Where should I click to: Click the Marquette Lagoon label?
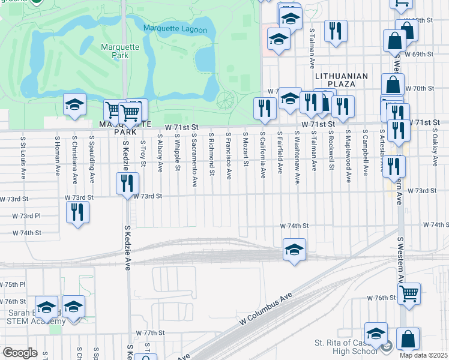click(x=175, y=29)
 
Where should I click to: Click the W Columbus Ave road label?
click(x=265, y=310)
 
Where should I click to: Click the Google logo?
click(x=20, y=353)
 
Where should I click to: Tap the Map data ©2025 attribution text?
click(x=423, y=355)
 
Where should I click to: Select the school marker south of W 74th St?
click(x=294, y=250)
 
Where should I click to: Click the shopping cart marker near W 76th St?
click(x=409, y=294)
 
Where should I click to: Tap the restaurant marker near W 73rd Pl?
click(x=77, y=212)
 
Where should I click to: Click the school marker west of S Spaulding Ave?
click(x=75, y=106)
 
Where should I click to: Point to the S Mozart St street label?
click(x=246, y=151)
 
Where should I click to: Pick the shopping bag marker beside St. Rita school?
click(x=408, y=339)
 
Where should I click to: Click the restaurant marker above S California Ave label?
click(x=264, y=108)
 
